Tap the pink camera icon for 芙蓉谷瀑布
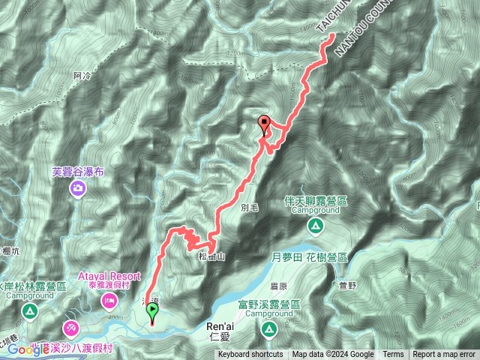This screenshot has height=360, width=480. coord(78,190)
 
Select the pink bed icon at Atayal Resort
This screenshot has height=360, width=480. coord(108,301)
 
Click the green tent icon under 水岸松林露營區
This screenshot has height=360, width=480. coord(29,310)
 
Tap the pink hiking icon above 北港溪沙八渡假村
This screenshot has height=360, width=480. coord(70,327)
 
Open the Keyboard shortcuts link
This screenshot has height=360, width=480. coord(250,355)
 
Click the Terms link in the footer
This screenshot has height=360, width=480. coord(392,355)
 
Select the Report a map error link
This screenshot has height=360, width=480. coord(443,355)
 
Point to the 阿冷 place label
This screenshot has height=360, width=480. coord(82,76)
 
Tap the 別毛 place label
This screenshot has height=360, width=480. coord(250,207)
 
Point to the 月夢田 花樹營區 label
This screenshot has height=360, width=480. coord(308,256)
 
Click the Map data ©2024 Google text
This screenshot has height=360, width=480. coord(333,355)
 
